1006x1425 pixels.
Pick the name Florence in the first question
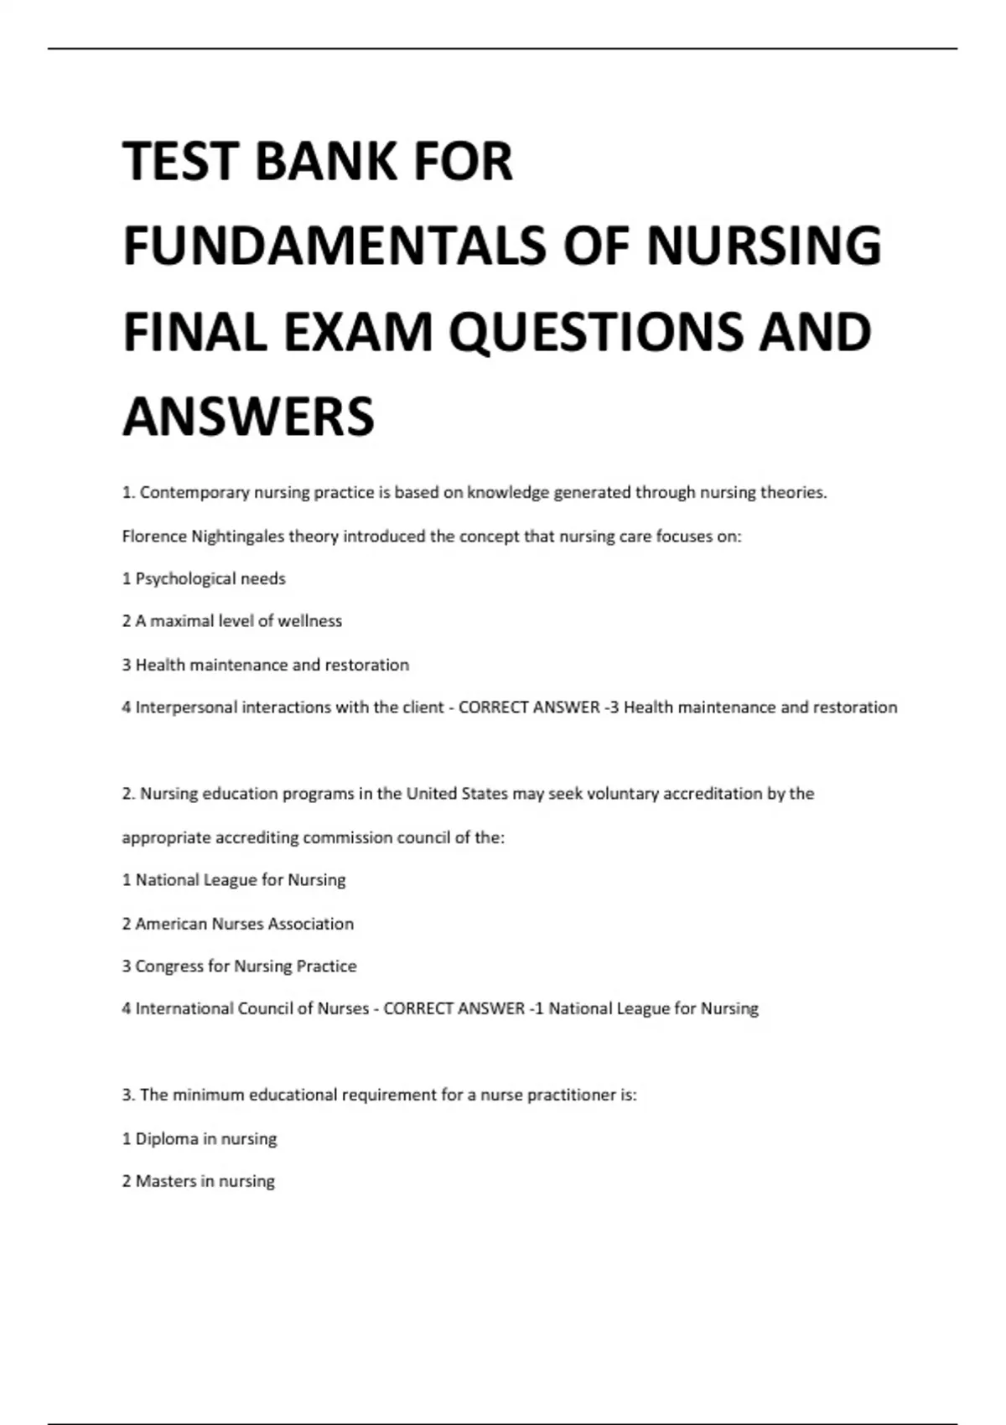click(154, 536)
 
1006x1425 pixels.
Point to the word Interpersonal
click(186, 707)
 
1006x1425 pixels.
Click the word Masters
click(166, 1181)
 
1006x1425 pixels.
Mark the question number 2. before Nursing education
click(128, 794)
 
